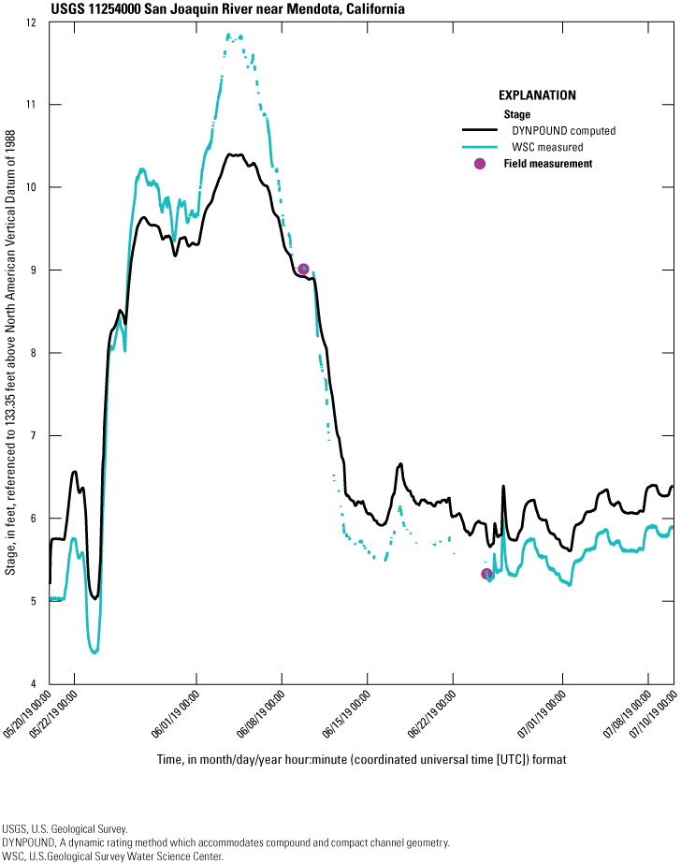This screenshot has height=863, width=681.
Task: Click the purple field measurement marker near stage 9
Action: (x=303, y=270)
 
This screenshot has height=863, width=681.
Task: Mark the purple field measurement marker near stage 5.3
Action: (x=486, y=574)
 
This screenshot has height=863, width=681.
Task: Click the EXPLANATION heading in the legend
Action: (x=537, y=95)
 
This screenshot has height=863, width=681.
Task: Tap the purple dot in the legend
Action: (x=480, y=164)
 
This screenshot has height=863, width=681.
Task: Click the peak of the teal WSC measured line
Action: (x=229, y=36)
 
